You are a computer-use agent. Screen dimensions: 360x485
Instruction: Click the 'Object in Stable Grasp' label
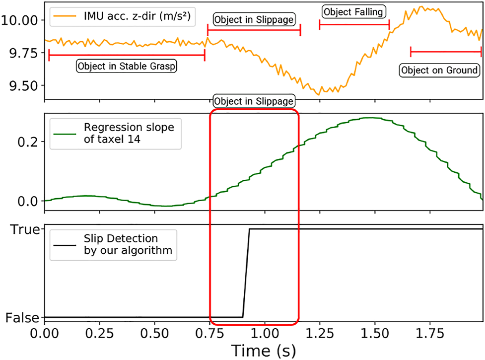[x=127, y=66]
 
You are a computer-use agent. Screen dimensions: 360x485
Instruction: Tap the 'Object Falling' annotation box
[x=354, y=11]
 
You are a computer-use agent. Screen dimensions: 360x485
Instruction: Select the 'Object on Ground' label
[x=440, y=70]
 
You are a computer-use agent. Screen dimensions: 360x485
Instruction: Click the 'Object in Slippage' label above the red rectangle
[x=254, y=101]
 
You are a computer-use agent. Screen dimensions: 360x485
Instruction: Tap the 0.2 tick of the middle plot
[x=30, y=142]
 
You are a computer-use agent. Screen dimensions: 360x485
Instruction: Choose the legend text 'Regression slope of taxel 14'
[x=129, y=133]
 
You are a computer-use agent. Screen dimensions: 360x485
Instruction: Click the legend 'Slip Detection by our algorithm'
[x=128, y=244]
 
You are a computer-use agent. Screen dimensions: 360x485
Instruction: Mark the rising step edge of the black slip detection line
[x=246, y=273]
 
